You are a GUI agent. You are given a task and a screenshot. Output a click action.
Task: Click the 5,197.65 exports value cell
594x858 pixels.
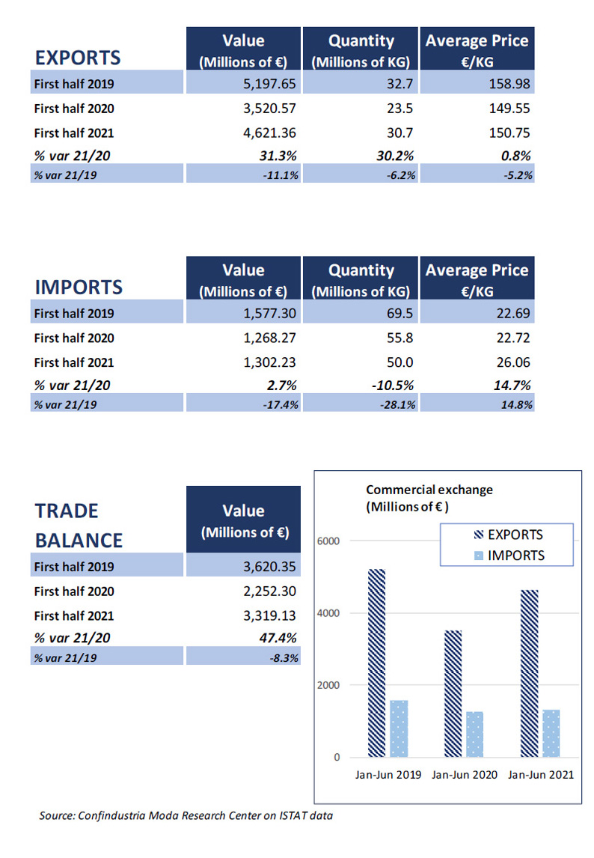click(x=269, y=84)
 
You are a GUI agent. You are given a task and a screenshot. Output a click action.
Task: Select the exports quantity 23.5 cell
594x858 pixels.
click(x=399, y=109)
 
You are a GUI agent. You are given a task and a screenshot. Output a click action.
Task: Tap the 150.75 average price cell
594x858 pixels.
click(x=509, y=133)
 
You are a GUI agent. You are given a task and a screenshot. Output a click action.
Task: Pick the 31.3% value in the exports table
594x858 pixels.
click(x=278, y=156)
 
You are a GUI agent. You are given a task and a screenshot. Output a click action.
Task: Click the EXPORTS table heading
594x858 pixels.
click(x=78, y=58)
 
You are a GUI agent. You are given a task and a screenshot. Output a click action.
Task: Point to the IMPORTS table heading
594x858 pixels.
click(x=79, y=287)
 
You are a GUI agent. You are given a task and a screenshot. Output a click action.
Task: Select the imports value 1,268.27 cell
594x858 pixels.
click(x=269, y=338)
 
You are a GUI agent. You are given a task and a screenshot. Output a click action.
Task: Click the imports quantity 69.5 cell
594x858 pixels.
click(x=399, y=314)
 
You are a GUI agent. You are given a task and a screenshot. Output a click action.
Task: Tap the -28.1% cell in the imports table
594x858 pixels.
click(x=398, y=405)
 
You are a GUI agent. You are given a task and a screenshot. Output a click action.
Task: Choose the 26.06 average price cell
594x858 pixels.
click(x=513, y=362)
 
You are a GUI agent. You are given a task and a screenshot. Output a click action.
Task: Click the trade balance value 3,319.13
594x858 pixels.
click(x=269, y=615)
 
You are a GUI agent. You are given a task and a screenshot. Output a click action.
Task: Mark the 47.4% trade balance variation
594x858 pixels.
click(x=278, y=638)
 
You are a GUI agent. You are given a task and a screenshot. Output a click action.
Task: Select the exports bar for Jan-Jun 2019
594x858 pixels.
click(x=376, y=663)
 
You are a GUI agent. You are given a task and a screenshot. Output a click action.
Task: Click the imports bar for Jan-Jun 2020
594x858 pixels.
click(x=474, y=734)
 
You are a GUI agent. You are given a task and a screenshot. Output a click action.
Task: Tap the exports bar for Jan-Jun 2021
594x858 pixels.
click(x=529, y=674)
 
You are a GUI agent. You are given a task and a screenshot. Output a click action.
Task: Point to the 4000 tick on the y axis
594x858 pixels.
click(x=328, y=613)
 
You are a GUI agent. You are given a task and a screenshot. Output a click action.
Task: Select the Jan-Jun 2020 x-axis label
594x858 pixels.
click(x=465, y=775)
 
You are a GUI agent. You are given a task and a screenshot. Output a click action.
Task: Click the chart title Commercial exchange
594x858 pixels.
click(x=429, y=490)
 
